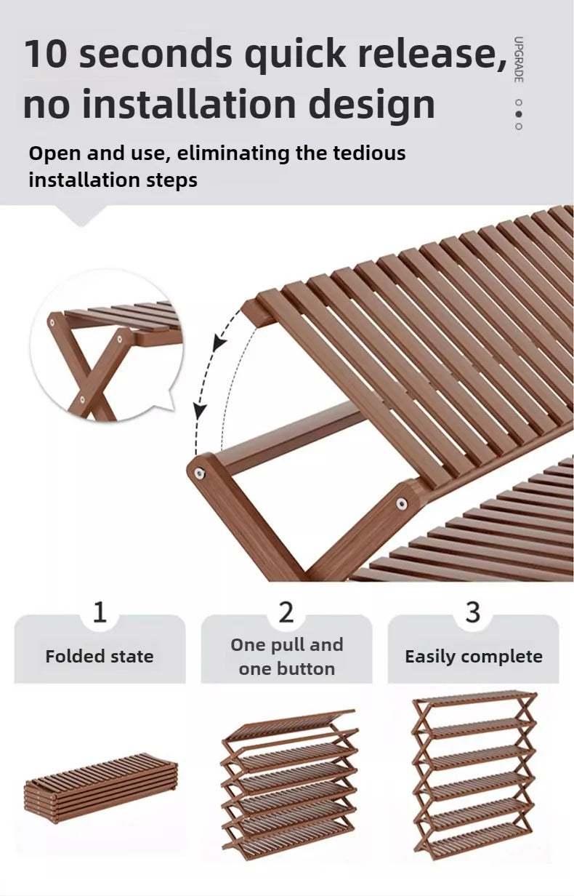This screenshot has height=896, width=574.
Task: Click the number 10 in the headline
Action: (x=45, y=55)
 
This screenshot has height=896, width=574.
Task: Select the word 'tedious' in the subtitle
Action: (x=369, y=153)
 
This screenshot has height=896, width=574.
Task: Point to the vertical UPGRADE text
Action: (x=518, y=60)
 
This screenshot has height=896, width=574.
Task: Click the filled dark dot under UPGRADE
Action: (x=518, y=113)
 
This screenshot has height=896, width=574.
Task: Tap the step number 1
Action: (x=100, y=612)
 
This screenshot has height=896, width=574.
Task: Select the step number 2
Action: (x=286, y=612)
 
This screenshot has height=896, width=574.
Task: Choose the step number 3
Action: (x=473, y=612)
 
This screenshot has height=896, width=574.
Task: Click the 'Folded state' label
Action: (x=100, y=656)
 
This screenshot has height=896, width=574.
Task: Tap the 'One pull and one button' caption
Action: (x=286, y=657)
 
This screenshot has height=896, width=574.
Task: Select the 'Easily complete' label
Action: (x=473, y=656)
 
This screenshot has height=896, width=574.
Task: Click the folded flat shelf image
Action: (x=101, y=787)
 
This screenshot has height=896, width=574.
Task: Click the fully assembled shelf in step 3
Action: (x=474, y=775)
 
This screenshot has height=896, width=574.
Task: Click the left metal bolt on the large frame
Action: (x=198, y=473)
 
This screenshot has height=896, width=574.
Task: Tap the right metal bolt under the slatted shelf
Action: (x=401, y=503)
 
